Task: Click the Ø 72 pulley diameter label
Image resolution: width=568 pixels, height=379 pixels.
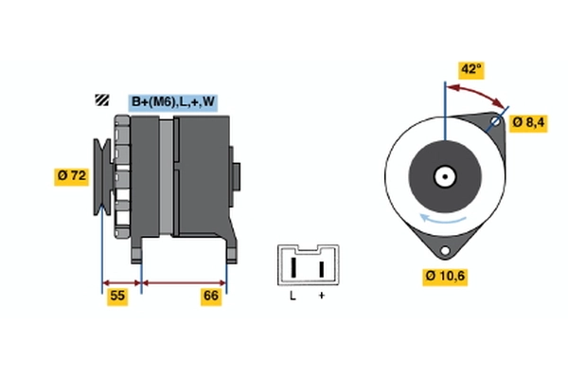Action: [73, 175]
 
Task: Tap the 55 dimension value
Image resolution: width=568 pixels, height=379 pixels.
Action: [118, 297]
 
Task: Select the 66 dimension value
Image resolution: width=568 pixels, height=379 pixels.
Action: [211, 297]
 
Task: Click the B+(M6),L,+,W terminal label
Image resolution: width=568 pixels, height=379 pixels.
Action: [173, 101]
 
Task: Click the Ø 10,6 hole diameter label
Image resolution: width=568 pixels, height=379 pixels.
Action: [444, 276]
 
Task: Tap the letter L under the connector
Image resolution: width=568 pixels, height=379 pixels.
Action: [293, 297]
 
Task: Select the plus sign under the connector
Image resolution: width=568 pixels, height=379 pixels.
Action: [322, 297]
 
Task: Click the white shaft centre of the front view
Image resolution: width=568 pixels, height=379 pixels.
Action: [443, 175]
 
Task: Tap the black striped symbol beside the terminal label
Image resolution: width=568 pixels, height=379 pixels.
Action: [101, 101]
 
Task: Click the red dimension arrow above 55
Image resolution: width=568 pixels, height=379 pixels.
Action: [121, 281]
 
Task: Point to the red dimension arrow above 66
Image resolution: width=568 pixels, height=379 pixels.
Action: [184, 281]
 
